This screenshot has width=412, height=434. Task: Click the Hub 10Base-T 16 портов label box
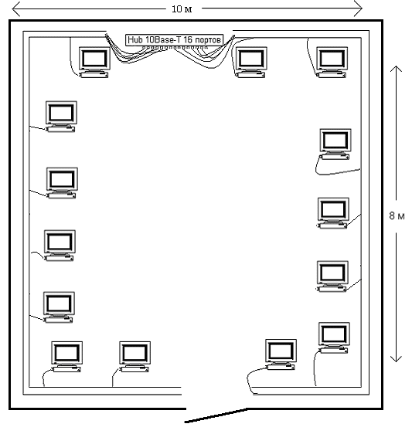point(174,40)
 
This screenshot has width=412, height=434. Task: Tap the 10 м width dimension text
point(182,9)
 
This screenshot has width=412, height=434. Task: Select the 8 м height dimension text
point(397,215)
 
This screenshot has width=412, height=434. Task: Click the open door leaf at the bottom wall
point(216,415)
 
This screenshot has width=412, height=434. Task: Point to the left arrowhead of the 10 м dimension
point(16,8)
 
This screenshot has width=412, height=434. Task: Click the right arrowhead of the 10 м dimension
point(358,8)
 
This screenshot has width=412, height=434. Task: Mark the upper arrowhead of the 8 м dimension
point(396,69)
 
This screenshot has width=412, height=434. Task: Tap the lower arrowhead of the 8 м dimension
point(396,359)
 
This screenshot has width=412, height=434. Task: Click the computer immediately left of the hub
point(94,63)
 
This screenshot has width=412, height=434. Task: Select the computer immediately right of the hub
point(251,63)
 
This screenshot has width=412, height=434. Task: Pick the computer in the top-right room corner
point(332,63)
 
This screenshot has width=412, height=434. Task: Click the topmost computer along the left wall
point(61,117)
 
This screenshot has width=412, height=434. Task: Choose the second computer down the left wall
point(62,183)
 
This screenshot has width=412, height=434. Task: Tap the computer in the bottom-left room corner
point(66,357)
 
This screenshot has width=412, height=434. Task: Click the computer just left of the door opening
point(134,357)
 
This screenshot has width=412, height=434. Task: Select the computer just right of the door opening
point(281,354)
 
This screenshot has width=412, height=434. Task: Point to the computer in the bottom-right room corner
point(334,338)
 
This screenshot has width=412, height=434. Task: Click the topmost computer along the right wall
point(335,144)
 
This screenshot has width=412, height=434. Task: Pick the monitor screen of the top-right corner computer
point(332,59)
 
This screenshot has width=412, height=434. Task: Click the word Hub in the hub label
point(134,40)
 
